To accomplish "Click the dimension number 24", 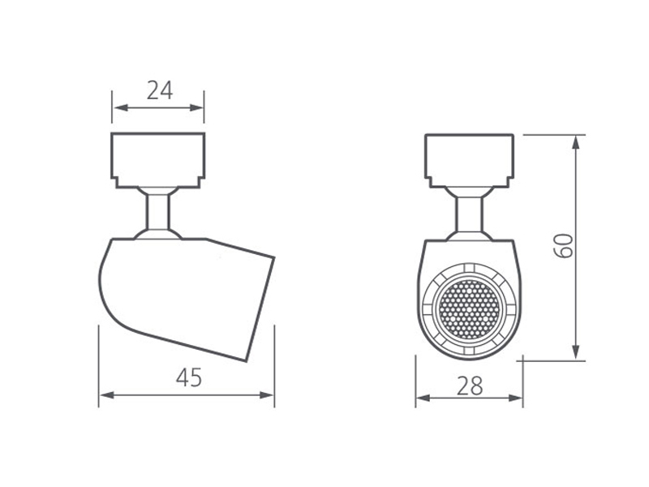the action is tap(159, 91).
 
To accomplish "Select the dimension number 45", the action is tap(189, 377).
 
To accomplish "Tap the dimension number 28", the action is tap(470, 386).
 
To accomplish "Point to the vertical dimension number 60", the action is tap(564, 246).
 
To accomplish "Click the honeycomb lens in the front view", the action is tap(469, 309).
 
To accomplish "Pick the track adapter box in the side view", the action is tap(157, 160).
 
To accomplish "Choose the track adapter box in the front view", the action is tap(470, 161).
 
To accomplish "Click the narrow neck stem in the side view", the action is tap(157, 212).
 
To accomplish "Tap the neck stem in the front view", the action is tap(470, 214).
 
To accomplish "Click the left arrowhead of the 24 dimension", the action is tap(120, 108).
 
